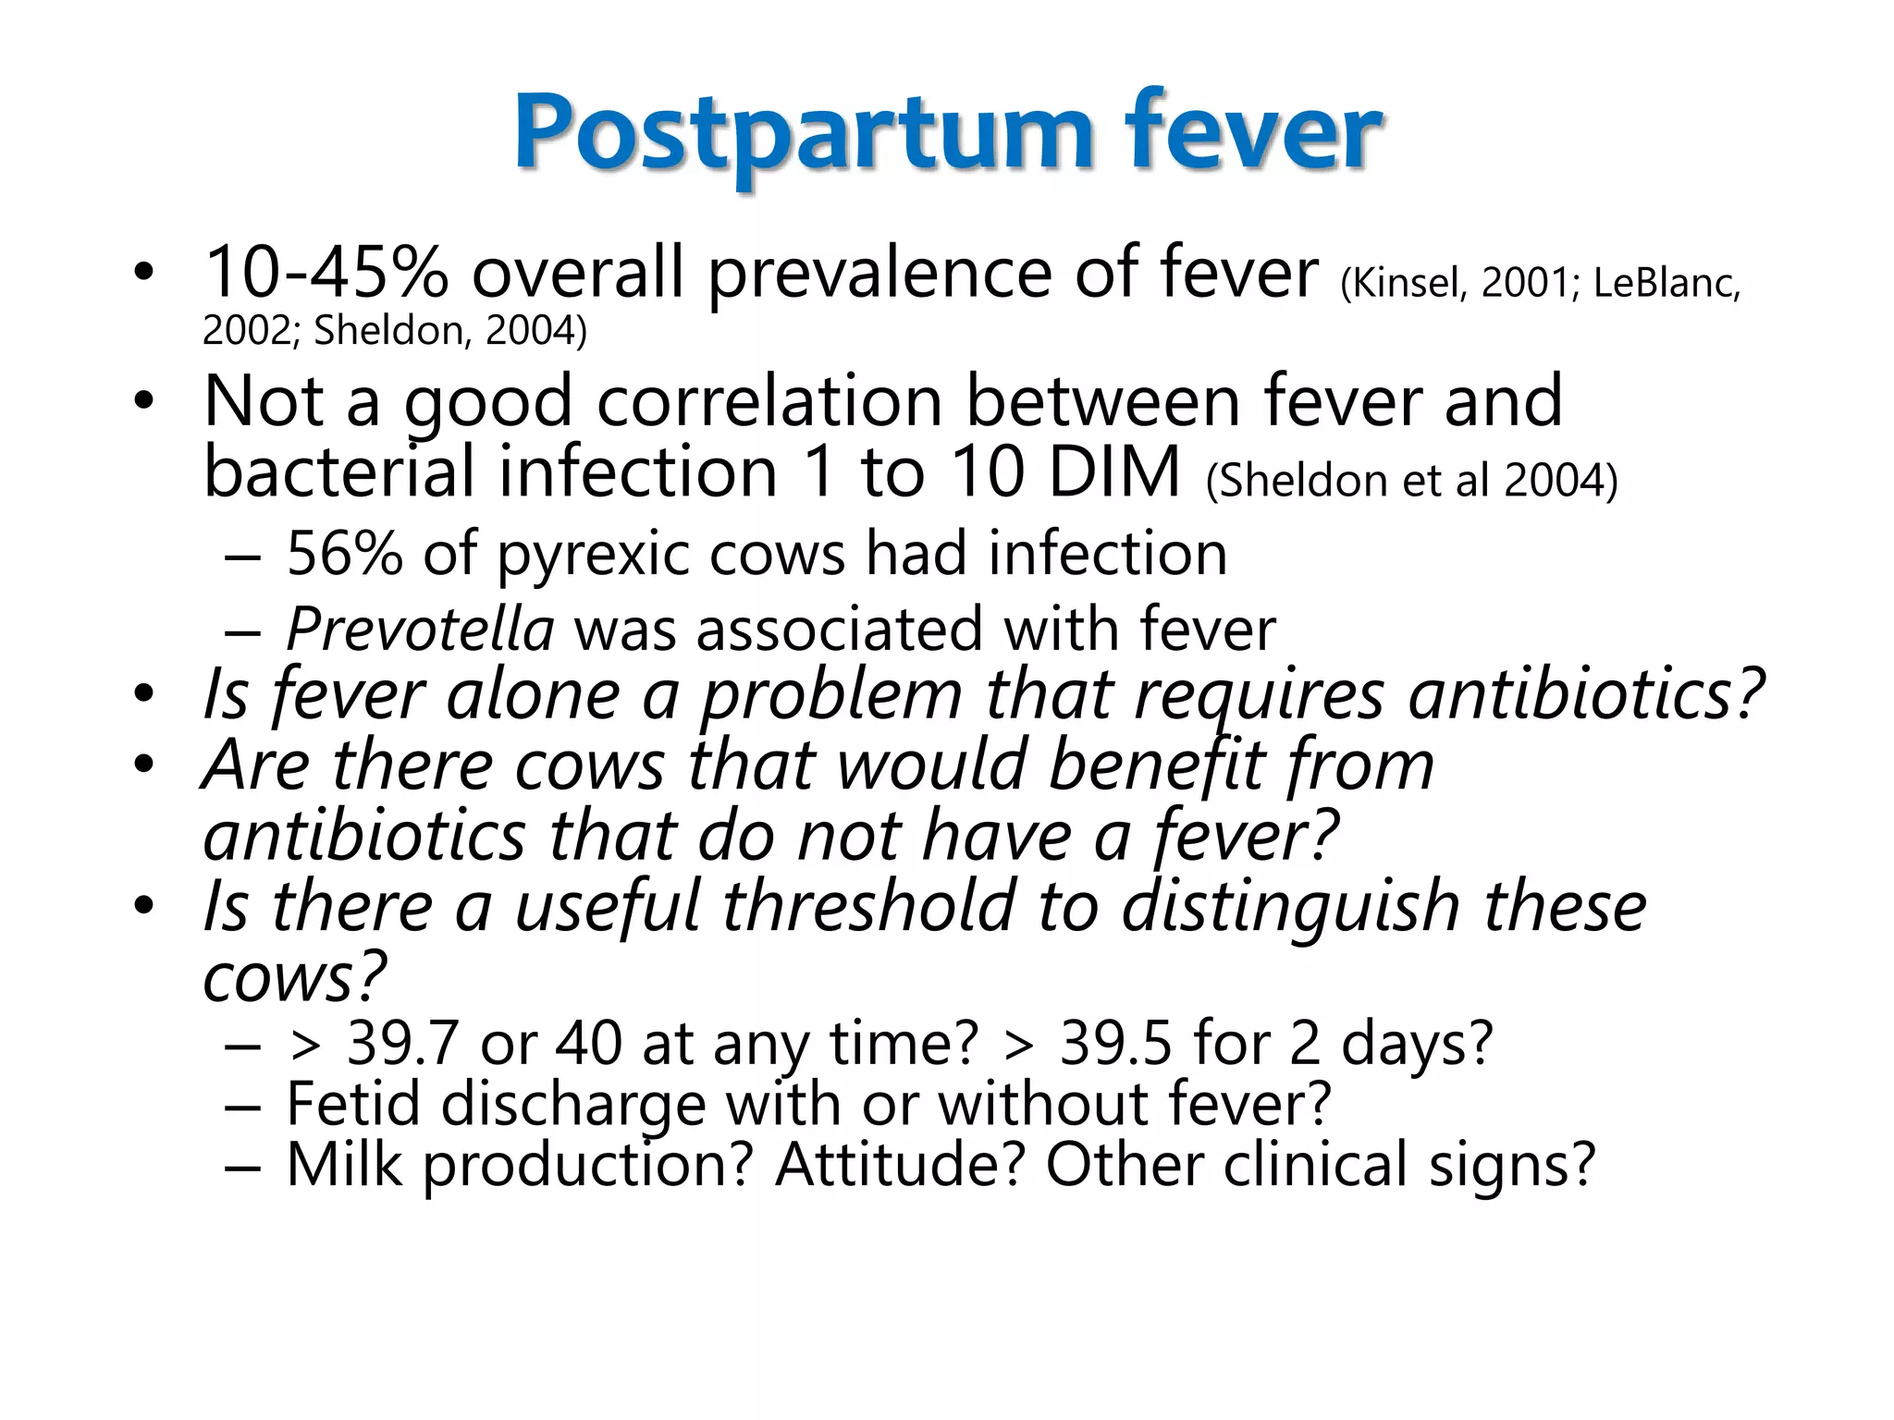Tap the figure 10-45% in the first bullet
(x=326, y=273)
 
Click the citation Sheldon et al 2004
(x=1412, y=481)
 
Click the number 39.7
(x=402, y=1045)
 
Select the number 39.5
(x=1115, y=1045)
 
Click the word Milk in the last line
(x=344, y=1165)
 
